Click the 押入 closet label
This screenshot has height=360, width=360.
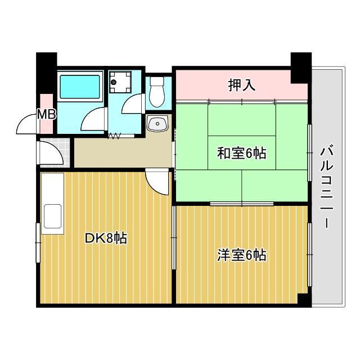point(242,85)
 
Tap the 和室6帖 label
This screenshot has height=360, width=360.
point(242,152)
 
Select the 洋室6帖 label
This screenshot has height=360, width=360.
point(242,255)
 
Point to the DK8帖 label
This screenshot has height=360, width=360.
point(106,238)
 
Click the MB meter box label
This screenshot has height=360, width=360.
point(46,115)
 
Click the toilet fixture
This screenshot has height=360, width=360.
point(157,93)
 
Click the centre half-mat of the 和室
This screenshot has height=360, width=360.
point(242,152)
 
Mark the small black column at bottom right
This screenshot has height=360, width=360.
point(304,300)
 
